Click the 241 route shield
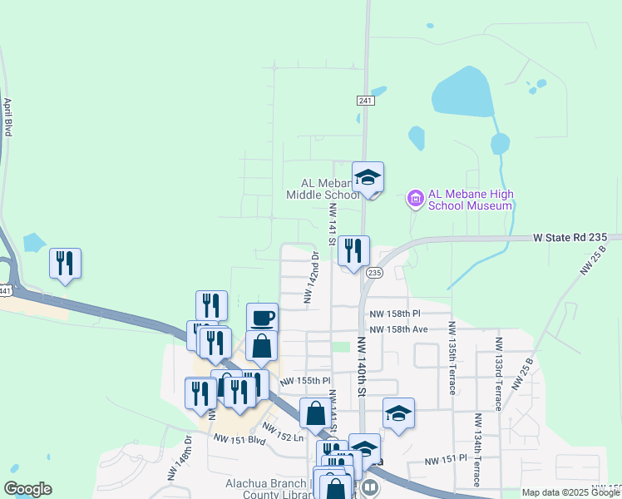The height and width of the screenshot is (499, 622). (x=366, y=101)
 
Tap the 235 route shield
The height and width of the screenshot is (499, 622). (x=373, y=272)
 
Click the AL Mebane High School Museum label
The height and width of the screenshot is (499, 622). (x=471, y=200)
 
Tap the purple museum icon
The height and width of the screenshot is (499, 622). (x=415, y=199)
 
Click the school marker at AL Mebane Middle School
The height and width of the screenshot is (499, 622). (x=368, y=176)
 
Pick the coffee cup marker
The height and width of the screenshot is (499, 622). (x=262, y=318)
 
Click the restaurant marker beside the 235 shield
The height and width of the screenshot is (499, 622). (x=353, y=250)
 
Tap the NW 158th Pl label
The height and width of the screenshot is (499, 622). (x=396, y=314)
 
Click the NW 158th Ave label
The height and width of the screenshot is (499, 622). (x=398, y=329)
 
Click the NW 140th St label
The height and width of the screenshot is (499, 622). (x=363, y=367)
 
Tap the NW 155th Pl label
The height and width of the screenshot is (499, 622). (x=300, y=381)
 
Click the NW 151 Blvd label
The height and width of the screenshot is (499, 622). (x=239, y=438)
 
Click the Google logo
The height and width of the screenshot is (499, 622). (x=27, y=489)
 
